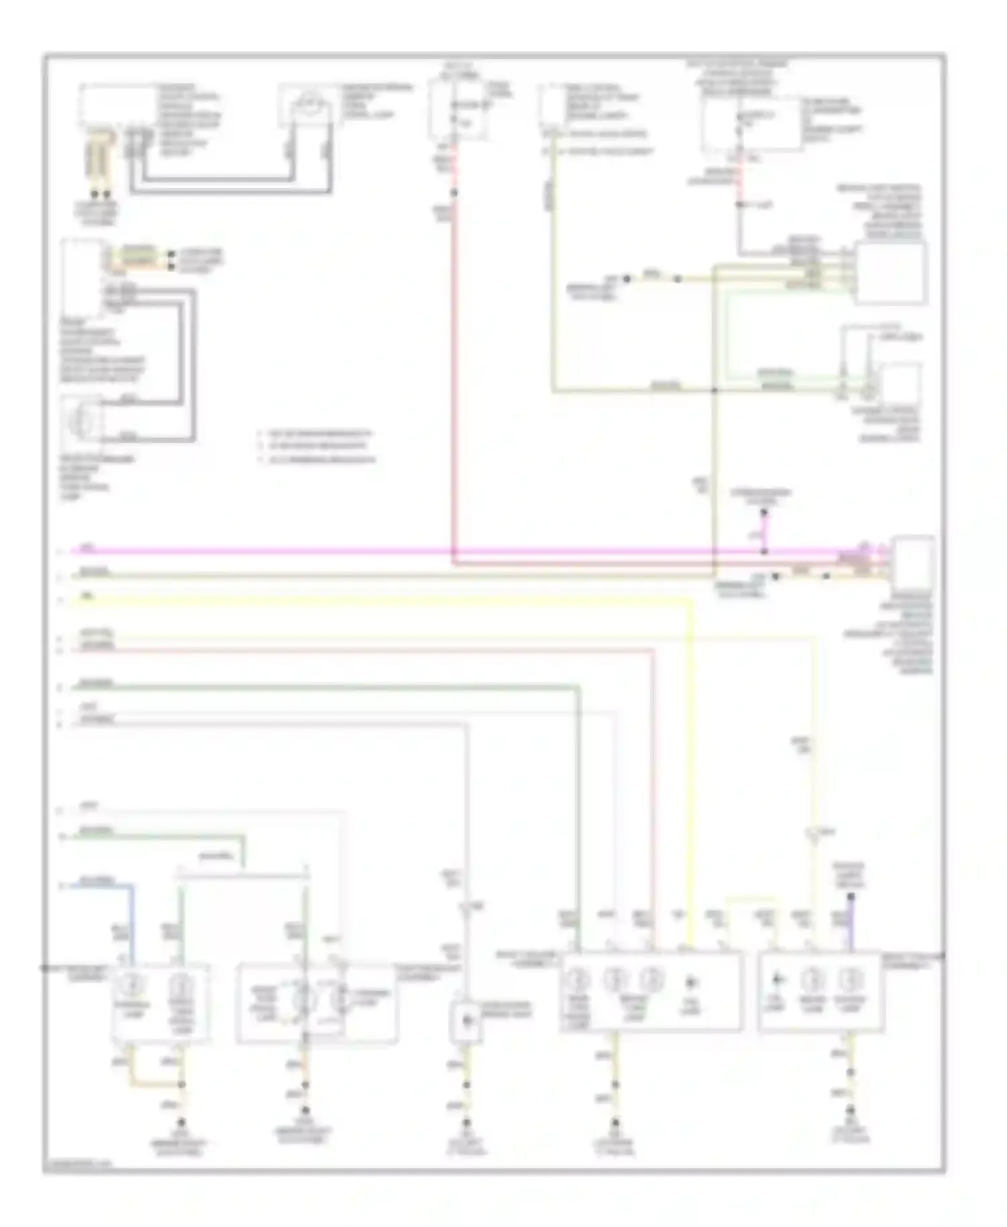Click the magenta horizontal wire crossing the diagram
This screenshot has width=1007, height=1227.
[269, 551]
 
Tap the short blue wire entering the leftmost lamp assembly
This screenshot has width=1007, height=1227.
[132, 913]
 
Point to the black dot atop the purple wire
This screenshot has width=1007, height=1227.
[851, 897]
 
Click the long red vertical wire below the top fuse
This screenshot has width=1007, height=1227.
[454, 369]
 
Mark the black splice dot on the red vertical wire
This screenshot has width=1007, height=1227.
[454, 193]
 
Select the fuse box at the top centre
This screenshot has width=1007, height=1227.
[459, 107]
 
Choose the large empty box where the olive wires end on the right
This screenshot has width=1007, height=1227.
[890, 273]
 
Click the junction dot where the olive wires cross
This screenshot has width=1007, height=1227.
[714, 390]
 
